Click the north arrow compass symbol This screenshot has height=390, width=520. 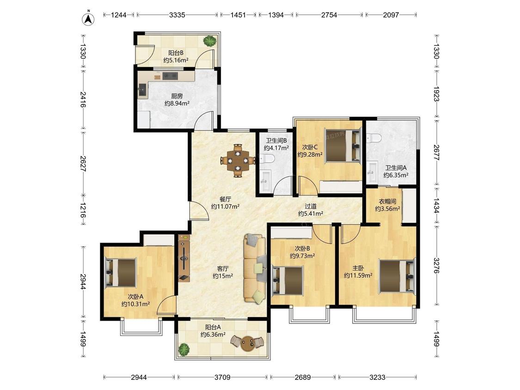coord(88,18)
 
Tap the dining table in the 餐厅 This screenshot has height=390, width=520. coord(238,160)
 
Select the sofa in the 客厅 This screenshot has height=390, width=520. coord(255,268)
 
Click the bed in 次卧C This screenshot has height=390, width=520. coord(343,146)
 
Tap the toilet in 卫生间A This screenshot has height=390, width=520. coord(374,138)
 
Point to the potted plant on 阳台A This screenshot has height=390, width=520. coord(184,349)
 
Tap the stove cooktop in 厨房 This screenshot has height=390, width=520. coord(171,76)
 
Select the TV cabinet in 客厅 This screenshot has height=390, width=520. coord(184,258)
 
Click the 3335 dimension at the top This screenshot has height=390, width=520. coord(177,15)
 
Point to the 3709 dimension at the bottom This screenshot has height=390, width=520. coord(222,377)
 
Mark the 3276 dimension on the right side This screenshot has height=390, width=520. coord(436,265)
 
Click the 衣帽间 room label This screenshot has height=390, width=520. coord(387,201)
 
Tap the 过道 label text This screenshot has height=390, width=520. coord(311,206)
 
